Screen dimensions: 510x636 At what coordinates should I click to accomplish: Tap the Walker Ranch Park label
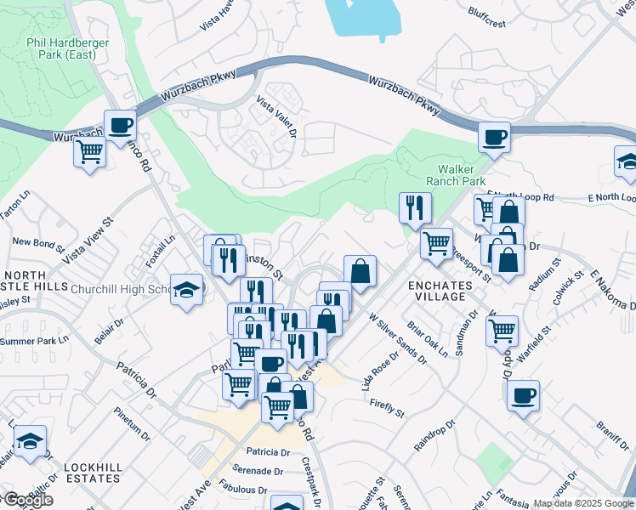(x=459, y=175)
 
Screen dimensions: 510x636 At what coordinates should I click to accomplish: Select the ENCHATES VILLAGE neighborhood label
(x=436, y=290)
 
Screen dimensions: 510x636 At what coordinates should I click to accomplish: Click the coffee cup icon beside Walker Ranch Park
(x=494, y=136)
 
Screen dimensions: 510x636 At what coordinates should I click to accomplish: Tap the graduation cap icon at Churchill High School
(x=186, y=288)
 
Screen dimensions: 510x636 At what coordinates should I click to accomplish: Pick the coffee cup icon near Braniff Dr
(x=523, y=394)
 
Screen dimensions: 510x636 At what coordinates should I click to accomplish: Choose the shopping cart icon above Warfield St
(x=503, y=329)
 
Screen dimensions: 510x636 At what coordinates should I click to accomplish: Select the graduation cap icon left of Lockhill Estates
(x=30, y=441)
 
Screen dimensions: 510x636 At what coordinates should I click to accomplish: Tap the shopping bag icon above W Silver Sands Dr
(x=361, y=271)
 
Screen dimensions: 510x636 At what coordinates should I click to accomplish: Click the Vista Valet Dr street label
(x=276, y=116)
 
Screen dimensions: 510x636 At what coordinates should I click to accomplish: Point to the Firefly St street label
(x=387, y=407)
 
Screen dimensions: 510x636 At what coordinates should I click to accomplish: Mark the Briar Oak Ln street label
(x=427, y=338)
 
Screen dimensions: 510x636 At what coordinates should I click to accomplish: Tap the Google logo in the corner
(x=27, y=500)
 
